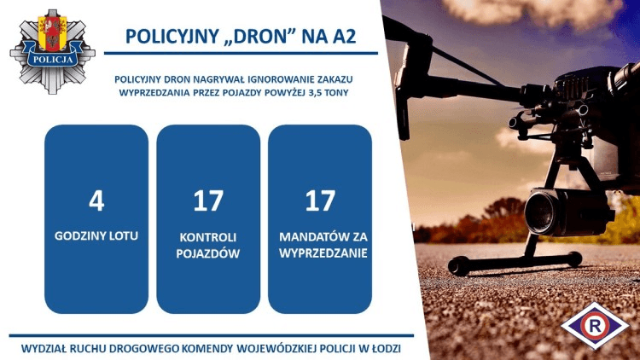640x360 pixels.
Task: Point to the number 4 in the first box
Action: click(x=96, y=200)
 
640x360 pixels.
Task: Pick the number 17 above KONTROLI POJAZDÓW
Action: click(x=208, y=200)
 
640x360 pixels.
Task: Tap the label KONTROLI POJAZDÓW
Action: click(x=208, y=242)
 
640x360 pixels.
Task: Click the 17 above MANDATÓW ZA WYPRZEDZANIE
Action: click(x=320, y=200)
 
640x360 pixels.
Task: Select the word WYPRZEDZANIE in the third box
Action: click(x=320, y=253)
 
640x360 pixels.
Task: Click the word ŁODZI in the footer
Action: click(x=382, y=349)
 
